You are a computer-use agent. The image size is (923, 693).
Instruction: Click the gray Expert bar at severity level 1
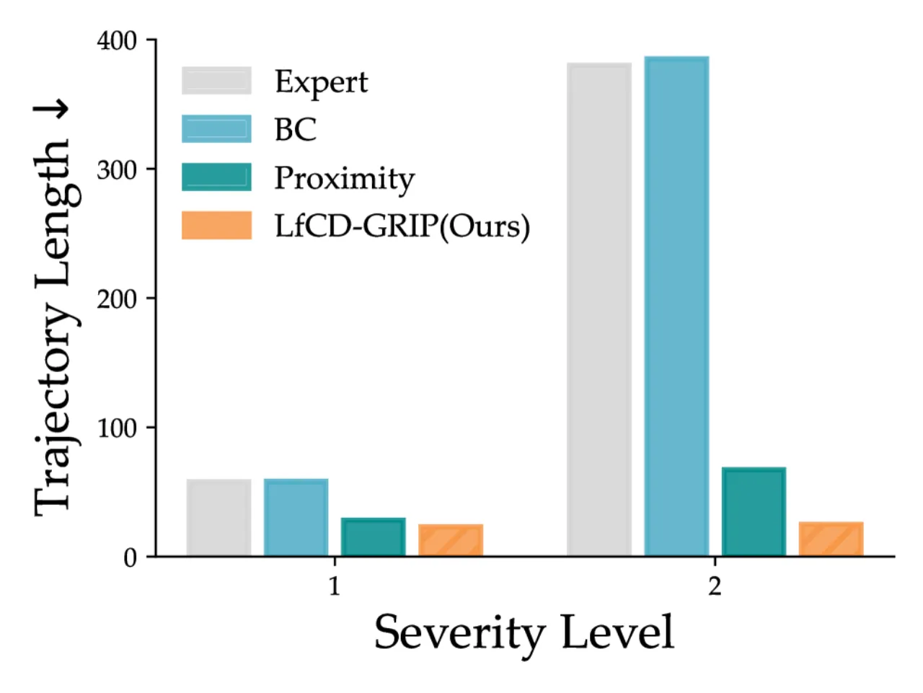click(x=218, y=517)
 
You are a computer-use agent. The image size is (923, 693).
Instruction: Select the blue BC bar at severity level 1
click(x=296, y=517)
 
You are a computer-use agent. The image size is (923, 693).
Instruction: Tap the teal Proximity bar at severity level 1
click(x=374, y=537)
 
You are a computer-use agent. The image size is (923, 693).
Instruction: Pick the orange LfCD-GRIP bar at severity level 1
click(x=451, y=540)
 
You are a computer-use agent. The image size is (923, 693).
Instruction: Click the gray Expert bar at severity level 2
click(x=599, y=309)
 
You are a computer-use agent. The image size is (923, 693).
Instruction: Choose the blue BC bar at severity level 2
click(x=676, y=306)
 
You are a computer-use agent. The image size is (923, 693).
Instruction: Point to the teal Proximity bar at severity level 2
click(x=754, y=511)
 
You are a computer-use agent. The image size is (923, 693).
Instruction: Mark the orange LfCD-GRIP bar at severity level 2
click(x=831, y=539)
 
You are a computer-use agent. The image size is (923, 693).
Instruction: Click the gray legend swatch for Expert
click(x=216, y=80)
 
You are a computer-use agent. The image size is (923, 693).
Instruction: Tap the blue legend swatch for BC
click(x=216, y=128)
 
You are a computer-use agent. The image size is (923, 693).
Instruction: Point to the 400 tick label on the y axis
click(x=117, y=41)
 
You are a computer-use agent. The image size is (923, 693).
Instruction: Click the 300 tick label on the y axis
click(x=117, y=171)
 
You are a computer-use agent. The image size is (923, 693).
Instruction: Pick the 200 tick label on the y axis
click(x=117, y=300)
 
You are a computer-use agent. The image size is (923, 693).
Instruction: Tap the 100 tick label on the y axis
click(x=117, y=429)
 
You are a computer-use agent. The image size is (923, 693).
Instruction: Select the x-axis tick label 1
click(x=335, y=586)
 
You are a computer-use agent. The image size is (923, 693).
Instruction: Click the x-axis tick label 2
click(x=715, y=586)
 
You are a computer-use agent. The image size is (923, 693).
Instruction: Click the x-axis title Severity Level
click(x=524, y=634)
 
